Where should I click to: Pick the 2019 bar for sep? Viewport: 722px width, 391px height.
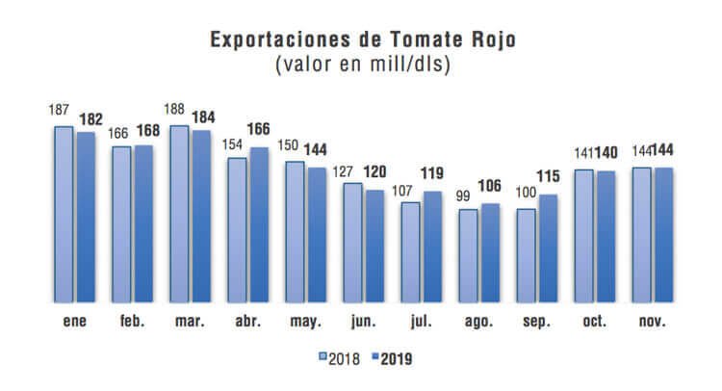click(x=549, y=248)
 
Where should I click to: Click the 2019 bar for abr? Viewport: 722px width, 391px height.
click(x=260, y=224)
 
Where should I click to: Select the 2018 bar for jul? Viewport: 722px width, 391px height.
click(x=410, y=252)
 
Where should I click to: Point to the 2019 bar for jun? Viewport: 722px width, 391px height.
click(x=375, y=246)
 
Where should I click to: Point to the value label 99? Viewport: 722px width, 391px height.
click(x=466, y=195)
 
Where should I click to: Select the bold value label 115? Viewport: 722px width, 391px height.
click(x=550, y=178)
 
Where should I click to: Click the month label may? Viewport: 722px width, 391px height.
click(x=305, y=322)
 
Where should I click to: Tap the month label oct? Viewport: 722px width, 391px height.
click(x=594, y=322)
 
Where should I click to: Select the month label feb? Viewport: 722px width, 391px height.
click(x=133, y=322)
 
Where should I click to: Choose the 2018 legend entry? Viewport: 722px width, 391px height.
click(x=340, y=359)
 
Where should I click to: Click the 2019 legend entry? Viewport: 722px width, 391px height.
click(x=397, y=359)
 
